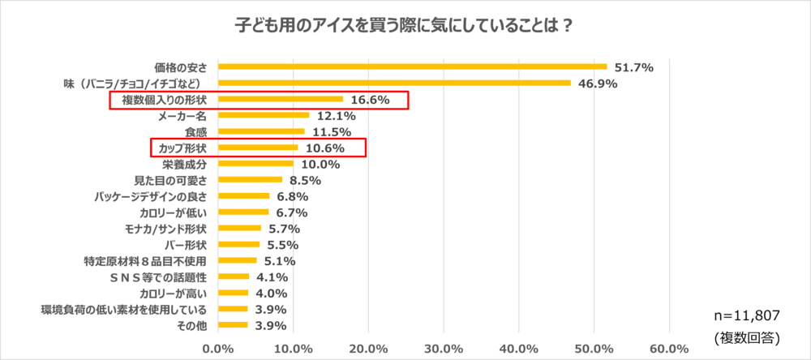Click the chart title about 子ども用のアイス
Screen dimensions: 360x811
click(x=405, y=24)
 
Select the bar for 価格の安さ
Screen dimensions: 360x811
click(x=412, y=66)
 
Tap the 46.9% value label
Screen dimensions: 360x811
click(x=597, y=84)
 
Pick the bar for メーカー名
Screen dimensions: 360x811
click(x=264, y=116)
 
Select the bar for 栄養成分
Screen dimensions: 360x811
click(x=255, y=164)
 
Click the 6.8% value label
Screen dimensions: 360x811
click(x=292, y=196)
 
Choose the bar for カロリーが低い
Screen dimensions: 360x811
click(x=243, y=212)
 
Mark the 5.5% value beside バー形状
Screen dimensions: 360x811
click(x=283, y=245)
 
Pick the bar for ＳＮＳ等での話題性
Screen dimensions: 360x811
click(x=233, y=276)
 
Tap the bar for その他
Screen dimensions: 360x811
click(x=232, y=325)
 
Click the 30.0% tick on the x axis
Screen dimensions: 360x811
click(x=443, y=349)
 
